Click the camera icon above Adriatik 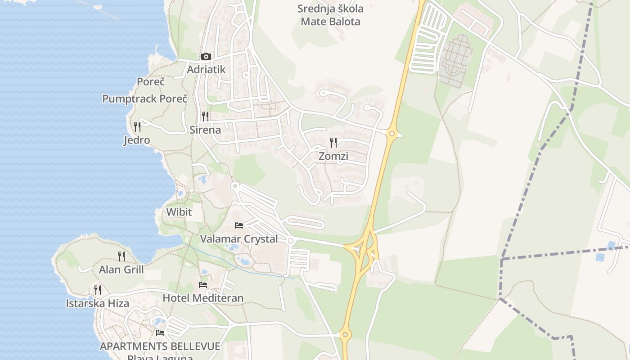tap(206, 57)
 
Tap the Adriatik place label tap(206, 70)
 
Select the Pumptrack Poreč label tap(144, 99)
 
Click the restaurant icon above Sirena tap(205, 117)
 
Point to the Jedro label tap(137, 140)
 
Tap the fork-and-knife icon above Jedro tap(137, 126)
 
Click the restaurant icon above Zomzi tap(333, 143)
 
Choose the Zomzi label tap(333, 156)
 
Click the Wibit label tap(179, 212)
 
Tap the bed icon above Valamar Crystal tap(239, 225)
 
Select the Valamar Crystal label tap(239, 239)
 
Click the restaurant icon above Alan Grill tap(121, 256)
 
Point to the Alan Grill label tap(121, 270)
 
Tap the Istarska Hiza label tap(98, 303)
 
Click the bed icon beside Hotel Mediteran tap(203, 285)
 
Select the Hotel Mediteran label tap(203, 298)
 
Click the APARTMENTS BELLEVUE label tap(160, 346)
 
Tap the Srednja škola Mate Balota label tap(331, 15)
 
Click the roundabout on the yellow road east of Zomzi tap(392, 134)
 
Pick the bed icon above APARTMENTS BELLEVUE tap(160, 333)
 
